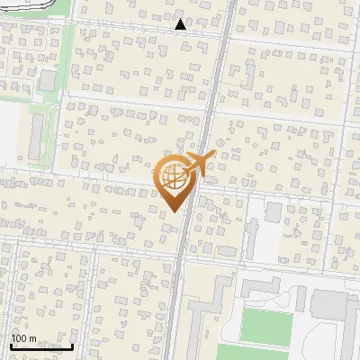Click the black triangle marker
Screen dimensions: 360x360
click(x=181, y=24)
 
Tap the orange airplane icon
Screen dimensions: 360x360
click(x=201, y=164)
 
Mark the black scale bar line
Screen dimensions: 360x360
click(x=41, y=346)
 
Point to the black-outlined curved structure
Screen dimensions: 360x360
click(x=27, y=5)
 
